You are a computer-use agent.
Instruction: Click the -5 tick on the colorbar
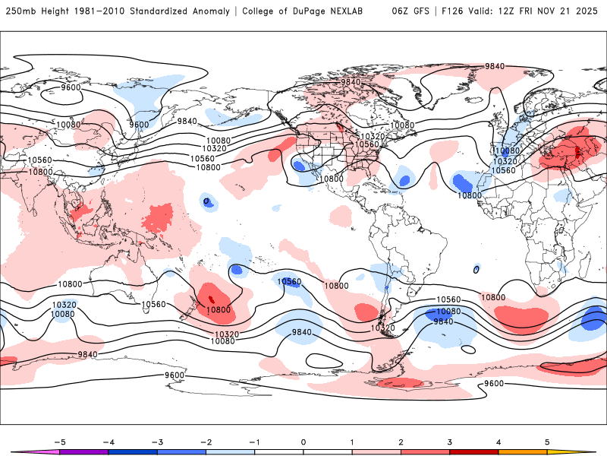(x=59, y=442)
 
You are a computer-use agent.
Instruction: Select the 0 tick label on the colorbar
(x=303, y=442)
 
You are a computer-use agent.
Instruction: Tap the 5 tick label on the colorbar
(x=547, y=442)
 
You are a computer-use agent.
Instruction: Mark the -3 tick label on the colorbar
(x=157, y=442)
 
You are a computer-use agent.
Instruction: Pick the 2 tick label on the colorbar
(x=401, y=442)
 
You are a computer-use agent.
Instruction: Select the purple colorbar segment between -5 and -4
(x=84, y=451)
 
